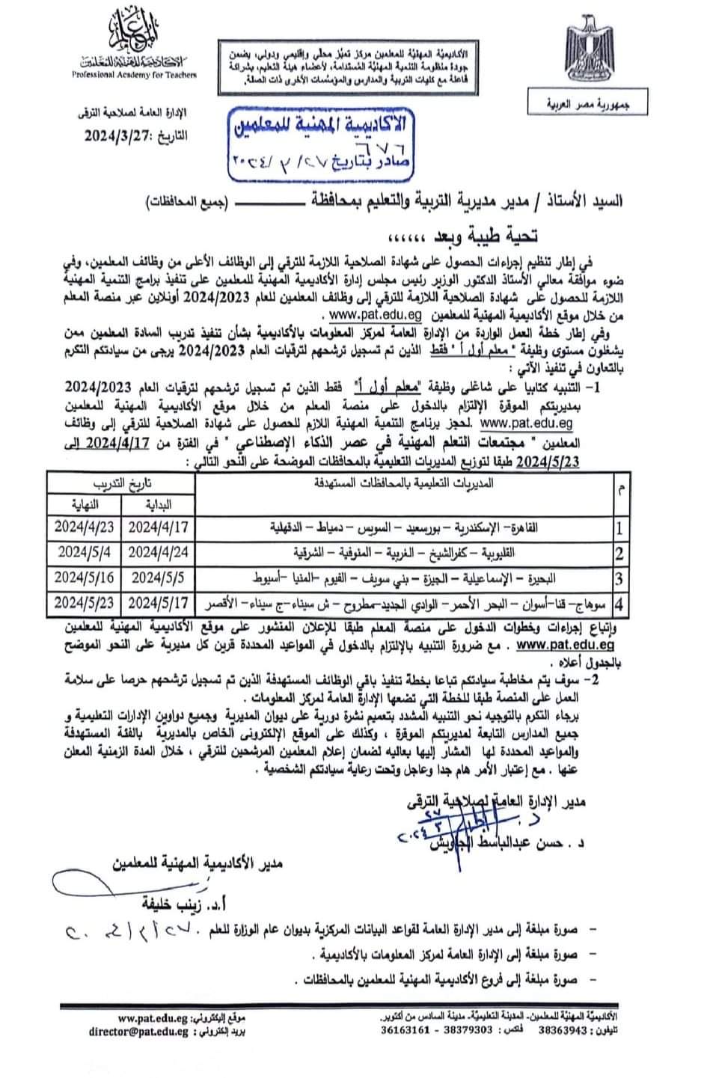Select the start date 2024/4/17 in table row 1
pos(159,527)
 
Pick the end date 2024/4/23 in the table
pos(84,527)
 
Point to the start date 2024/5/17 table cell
pos(159,603)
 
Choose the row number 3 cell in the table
pos(619,578)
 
